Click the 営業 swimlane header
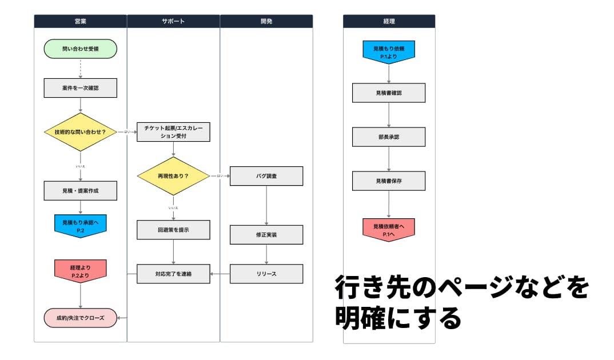(80, 21)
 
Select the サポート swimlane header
(173, 21)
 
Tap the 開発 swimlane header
(266, 21)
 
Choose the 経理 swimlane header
(389, 21)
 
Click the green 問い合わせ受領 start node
(80, 49)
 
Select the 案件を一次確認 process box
(80, 88)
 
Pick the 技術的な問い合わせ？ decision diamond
(80, 132)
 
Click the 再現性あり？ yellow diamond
(173, 176)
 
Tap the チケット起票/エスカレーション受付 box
(173, 132)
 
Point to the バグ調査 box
(266, 176)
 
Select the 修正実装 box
(266, 234)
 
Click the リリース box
(266, 274)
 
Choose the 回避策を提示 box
(173, 230)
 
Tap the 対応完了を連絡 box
(173, 274)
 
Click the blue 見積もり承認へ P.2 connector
(80, 225)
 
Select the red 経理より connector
(80, 270)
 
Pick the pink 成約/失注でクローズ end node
(80, 318)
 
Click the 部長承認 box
(389, 137)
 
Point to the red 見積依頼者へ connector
(389, 229)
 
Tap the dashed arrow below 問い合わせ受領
(80, 68)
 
